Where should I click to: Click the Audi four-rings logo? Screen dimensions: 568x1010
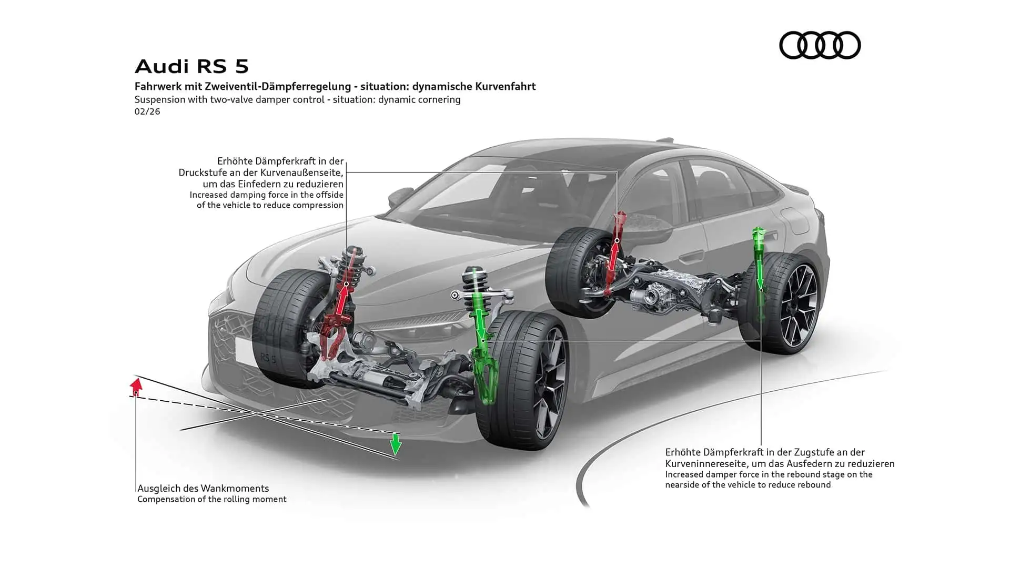point(820,45)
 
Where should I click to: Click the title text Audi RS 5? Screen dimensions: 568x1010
point(191,67)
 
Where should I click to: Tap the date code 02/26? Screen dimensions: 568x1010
point(147,111)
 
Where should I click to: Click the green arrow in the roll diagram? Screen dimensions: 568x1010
point(396,445)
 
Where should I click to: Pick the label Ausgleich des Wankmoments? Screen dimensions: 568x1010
point(203,488)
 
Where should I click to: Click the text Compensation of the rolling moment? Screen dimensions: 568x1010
point(212,499)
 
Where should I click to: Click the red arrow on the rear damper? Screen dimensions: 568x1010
point(613,255)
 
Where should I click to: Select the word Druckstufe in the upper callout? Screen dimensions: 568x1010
point(202,173)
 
